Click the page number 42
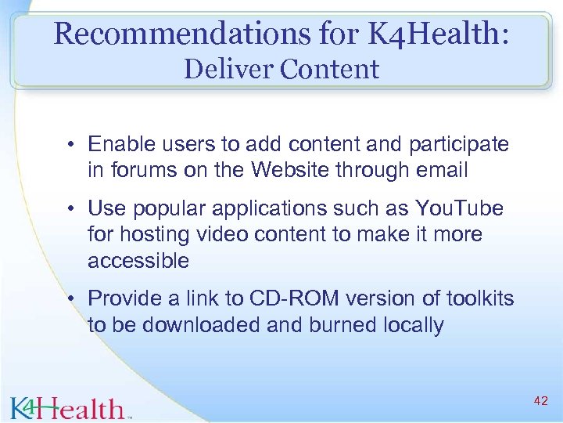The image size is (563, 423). coord(540,401)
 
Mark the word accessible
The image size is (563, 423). coord(138,260)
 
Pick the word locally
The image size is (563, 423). coord(411,324)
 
